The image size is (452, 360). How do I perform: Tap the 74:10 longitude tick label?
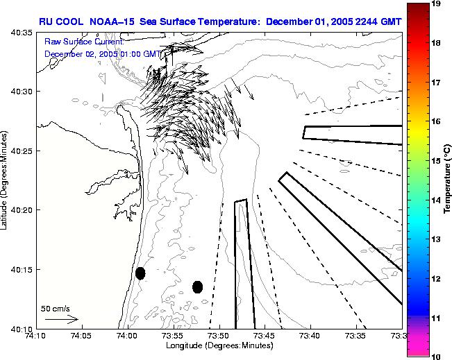coord(35,336)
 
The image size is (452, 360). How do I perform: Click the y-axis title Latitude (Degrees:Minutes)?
coord(5,180)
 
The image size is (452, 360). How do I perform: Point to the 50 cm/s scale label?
coord(55,308)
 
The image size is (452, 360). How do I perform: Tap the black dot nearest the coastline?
coord(140,273)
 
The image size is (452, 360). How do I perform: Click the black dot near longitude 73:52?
coord(197,286)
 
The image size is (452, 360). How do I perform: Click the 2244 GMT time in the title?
coord(381,22)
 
